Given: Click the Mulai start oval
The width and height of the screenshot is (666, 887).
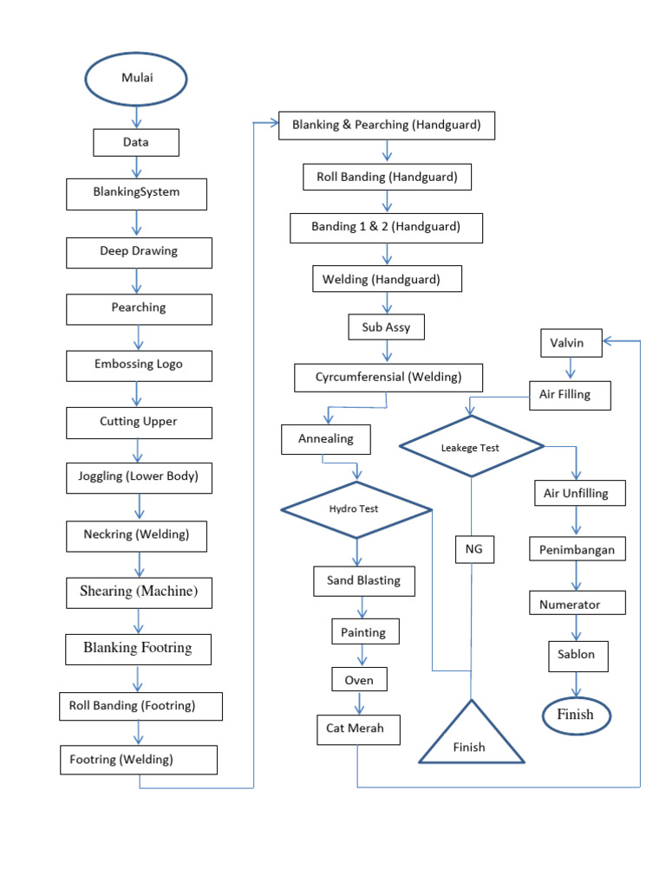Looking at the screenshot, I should point(135,80).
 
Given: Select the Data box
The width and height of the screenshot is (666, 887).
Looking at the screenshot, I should point(136,142).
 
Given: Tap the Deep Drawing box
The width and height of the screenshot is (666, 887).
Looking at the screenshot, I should point(138,252).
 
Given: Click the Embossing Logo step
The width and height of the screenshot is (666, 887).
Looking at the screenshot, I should point(139,365).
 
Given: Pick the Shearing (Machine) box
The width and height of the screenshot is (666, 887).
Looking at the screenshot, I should point(139,592).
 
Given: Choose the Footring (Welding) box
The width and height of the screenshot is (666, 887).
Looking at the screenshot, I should point(138,760).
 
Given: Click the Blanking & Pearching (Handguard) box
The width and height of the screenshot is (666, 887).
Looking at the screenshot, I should point(386,125).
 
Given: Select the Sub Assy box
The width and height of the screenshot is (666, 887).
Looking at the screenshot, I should point(386,327).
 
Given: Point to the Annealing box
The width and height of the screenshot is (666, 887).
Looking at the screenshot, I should point(326,439).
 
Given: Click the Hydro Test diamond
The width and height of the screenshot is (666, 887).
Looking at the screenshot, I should point(356,509).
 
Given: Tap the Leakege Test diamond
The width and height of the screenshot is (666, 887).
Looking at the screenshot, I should point(471,447).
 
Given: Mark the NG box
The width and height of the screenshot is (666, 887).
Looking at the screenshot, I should point(473,550).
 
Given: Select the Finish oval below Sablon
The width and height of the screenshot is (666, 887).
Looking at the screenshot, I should point(576,715).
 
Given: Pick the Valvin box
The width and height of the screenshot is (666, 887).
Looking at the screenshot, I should point(567,343).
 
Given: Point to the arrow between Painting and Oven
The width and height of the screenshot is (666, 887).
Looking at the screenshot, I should point(364,655).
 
